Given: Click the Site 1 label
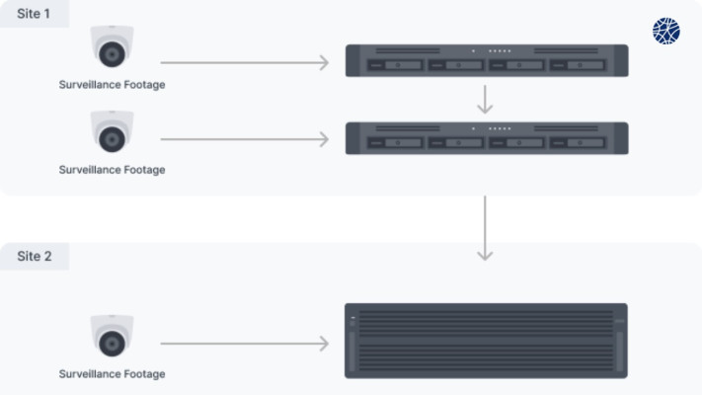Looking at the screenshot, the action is [34, 14].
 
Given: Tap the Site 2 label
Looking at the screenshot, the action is [35, 256].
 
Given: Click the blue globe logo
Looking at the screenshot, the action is [666, 31].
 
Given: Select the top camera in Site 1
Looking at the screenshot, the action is [112, 46].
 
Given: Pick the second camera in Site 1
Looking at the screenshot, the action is [112, 131].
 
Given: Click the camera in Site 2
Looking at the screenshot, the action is [112, 336].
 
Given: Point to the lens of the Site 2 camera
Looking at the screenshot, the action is [112, 344].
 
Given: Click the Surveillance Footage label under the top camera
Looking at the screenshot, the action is [112, 85].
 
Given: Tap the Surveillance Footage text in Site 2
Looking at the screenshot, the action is [112, 374].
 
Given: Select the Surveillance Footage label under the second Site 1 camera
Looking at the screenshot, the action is [112, 170].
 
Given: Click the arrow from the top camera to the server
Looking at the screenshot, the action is [245, 62].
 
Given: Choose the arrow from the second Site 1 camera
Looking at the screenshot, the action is [245, 139].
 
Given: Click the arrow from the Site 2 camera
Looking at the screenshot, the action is [245, 344].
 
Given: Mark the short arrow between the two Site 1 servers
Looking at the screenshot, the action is [485, 100].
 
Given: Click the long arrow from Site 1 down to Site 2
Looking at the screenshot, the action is [485, 228].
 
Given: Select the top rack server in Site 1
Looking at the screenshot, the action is [487, 60].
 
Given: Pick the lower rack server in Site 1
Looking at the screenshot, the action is [487, 138].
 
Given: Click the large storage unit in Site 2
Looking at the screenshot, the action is [486, 341].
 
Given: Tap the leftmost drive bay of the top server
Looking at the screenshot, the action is [395, 65].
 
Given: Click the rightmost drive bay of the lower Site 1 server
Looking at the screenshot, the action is [577, 143].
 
